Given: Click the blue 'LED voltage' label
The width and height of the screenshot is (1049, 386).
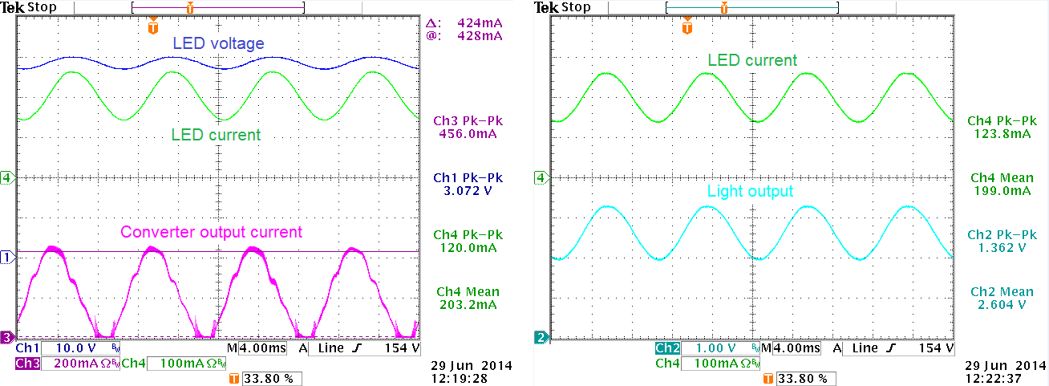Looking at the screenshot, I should (x=218, y=43).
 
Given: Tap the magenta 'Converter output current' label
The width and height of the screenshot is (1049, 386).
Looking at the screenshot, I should (x=211, y=232).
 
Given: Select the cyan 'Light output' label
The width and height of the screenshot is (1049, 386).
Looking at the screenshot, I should (x=750, y=191).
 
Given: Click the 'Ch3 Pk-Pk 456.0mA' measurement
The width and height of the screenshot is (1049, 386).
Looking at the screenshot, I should (x=464, y=127).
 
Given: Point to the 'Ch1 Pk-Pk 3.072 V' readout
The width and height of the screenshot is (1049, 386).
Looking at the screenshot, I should (x=464, y=184).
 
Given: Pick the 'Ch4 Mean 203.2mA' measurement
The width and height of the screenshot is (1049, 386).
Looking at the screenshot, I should (x=464, y=298).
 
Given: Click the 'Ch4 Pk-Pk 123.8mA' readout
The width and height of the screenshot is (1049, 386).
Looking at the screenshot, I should (x=998, y=127).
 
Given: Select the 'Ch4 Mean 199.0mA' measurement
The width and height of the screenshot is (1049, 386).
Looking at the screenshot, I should (x=998, y=184).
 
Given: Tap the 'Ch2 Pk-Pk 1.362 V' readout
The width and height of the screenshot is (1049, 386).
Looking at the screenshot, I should (x=998, y=241).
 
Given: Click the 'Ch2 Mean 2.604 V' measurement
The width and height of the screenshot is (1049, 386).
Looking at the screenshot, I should (x=998, y=298).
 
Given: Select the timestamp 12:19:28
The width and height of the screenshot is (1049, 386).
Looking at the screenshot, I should (x=465, y=377).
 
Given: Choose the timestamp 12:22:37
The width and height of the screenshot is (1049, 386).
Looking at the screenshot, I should (x=1000, y=377).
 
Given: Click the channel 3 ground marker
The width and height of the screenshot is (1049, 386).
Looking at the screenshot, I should (x=7, y=337).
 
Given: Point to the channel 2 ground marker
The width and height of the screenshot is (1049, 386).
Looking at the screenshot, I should (x=542, y=338).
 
